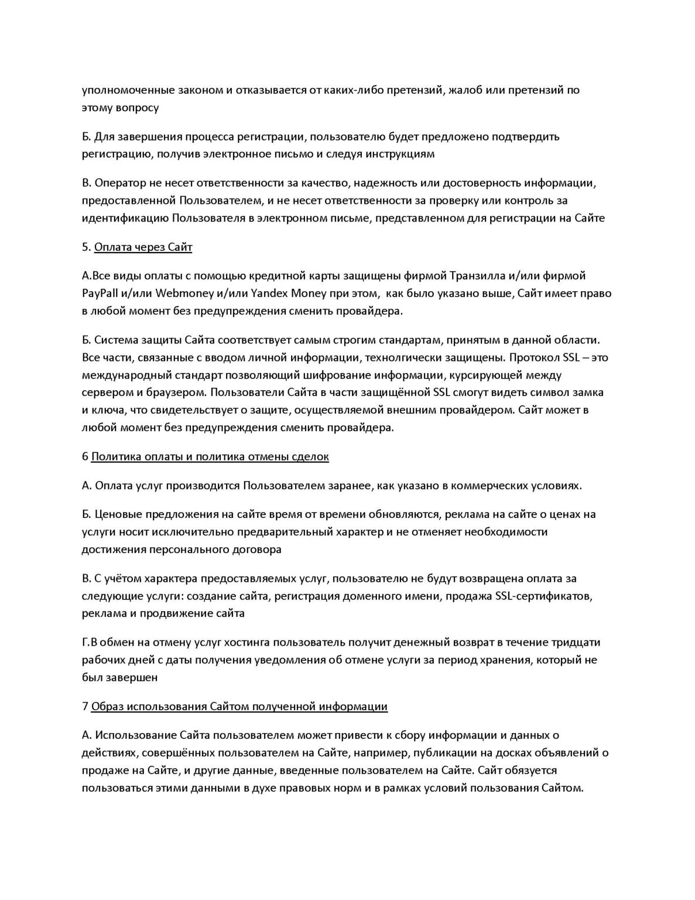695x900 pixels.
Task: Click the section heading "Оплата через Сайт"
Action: (143, 247)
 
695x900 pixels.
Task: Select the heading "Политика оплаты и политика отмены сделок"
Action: (210, 456)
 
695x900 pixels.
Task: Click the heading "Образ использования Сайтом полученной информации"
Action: (239, 707)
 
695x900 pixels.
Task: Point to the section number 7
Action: (85, 707)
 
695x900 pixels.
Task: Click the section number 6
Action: (85, 456)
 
